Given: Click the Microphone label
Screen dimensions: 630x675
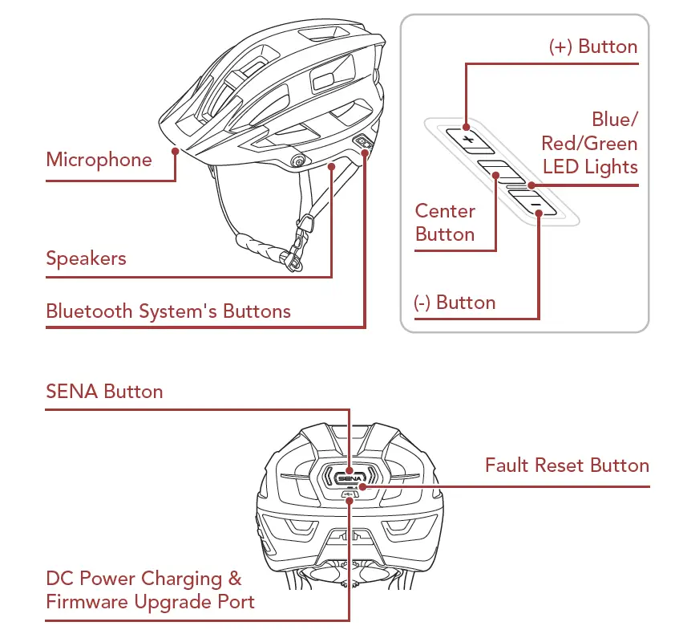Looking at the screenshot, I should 99,159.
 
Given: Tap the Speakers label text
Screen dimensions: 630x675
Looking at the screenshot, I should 86,258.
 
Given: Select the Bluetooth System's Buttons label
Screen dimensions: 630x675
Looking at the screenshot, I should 168,311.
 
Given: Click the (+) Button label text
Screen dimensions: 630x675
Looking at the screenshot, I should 593,47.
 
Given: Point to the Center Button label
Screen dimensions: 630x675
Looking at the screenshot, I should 445,222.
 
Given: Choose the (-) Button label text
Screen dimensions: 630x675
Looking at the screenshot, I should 455,303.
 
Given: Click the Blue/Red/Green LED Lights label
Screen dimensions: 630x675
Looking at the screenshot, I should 590,143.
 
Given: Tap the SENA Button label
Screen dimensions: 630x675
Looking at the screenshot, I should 104,392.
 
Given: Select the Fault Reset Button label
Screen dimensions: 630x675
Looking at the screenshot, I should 567,465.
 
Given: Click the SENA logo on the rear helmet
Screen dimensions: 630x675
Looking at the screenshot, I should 346,476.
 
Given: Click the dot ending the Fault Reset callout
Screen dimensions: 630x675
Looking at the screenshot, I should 362,486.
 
